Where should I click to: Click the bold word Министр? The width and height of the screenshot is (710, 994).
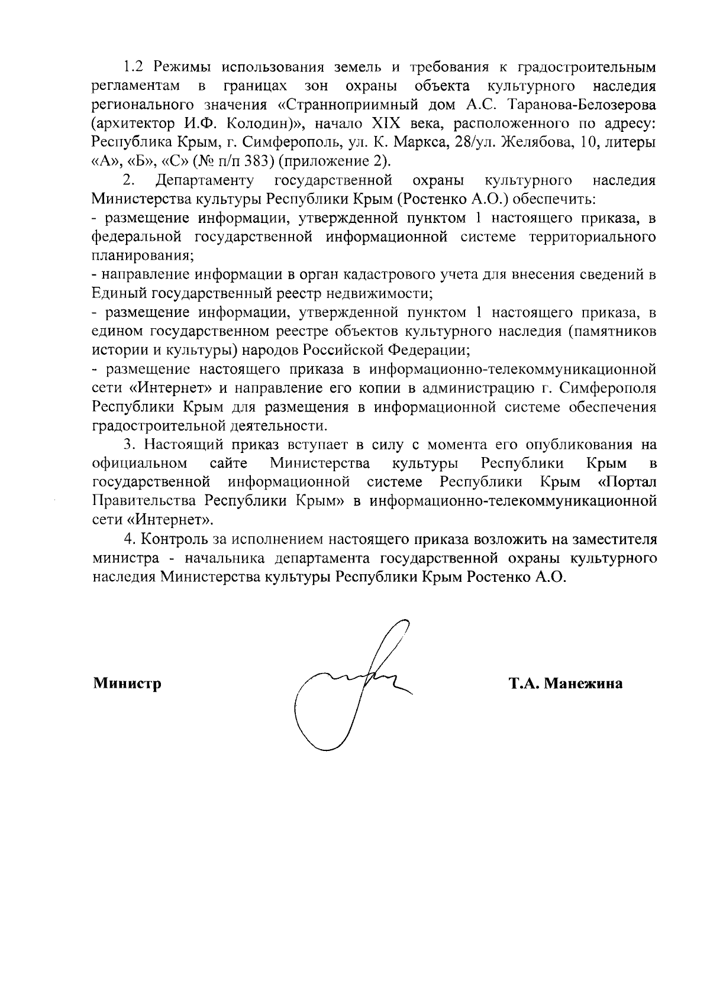click(127, 684)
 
